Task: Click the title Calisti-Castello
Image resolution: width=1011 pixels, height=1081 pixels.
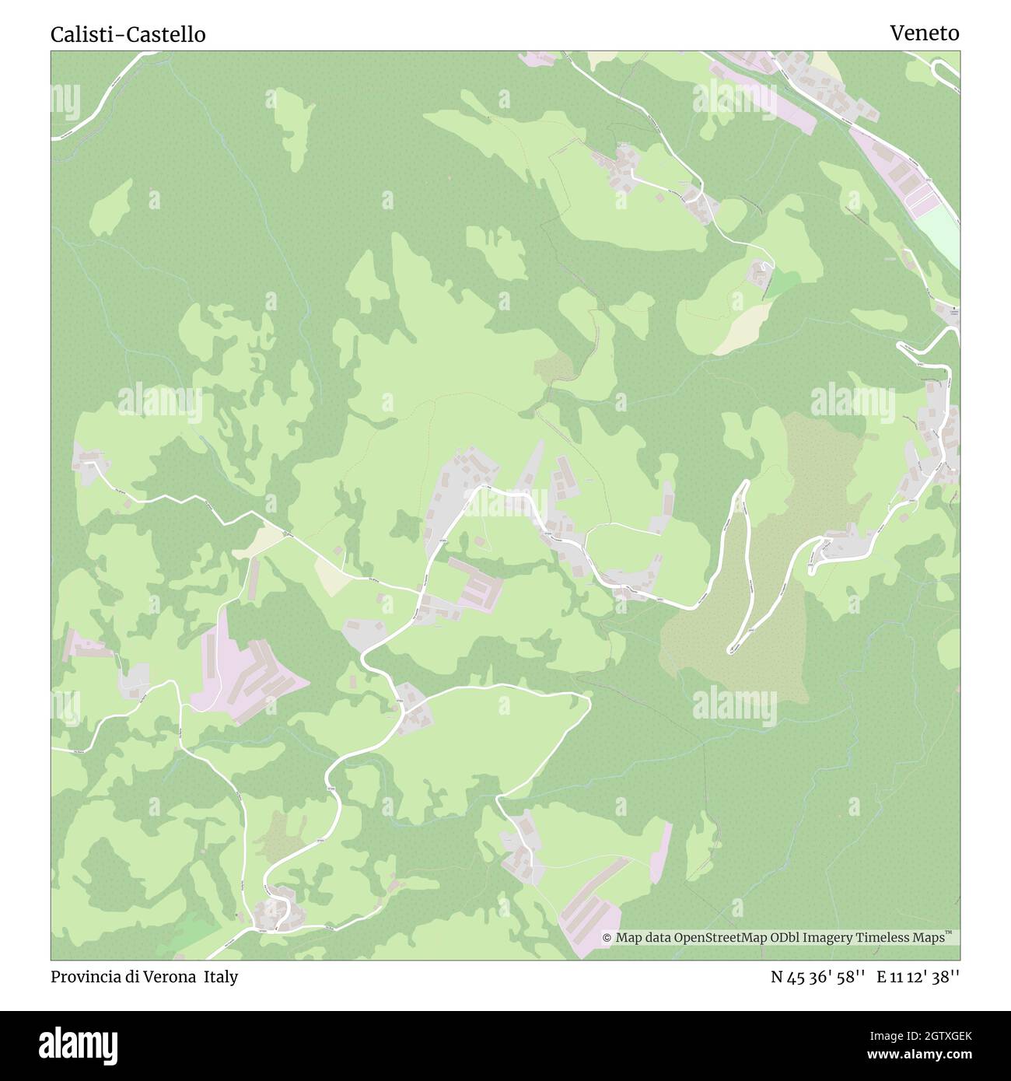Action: (x=128, y=35)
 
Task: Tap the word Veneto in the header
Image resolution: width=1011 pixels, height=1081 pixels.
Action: (x=925, y=33)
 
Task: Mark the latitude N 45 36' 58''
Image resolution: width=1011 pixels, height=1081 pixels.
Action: (x=817, y=978)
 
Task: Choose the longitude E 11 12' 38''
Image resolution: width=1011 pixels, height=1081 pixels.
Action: (x=918, y=978)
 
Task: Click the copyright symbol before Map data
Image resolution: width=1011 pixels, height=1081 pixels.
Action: (x=607, y=938)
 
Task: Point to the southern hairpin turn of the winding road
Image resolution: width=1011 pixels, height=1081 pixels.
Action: (x=733, y=648)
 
